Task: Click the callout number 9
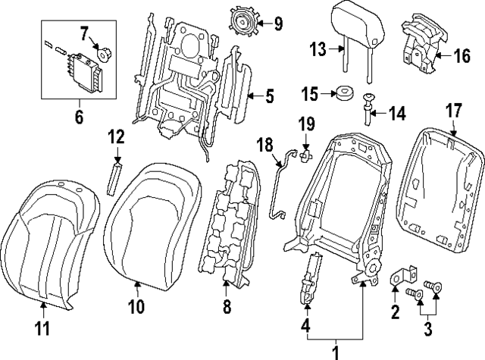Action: (279, 22)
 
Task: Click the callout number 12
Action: (115, 137)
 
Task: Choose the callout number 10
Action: (136, 306)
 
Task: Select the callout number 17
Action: (452, 111)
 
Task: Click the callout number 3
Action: (428, 329)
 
